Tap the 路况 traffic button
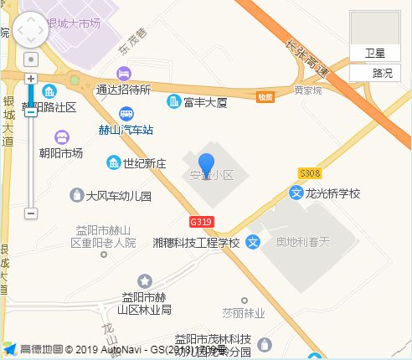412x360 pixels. click(x=381, y=73)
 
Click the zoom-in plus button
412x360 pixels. click(x=31, y=78)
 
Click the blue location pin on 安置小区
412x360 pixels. click(x=206, y=164)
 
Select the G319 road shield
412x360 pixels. click(x=200, y=223)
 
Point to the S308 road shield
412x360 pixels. click(x=310, y=173)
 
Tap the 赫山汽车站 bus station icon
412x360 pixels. click(x=126, y=115)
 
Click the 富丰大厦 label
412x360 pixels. click(x=204, y=102)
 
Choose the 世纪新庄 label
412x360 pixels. click(x=145, y=162)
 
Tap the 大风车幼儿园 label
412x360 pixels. click(x=118, y=196)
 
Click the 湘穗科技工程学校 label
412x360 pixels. click(x=197, y=243)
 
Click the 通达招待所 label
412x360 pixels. click(x=123, y=90)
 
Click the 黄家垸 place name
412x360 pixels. click(x=306, y=90)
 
